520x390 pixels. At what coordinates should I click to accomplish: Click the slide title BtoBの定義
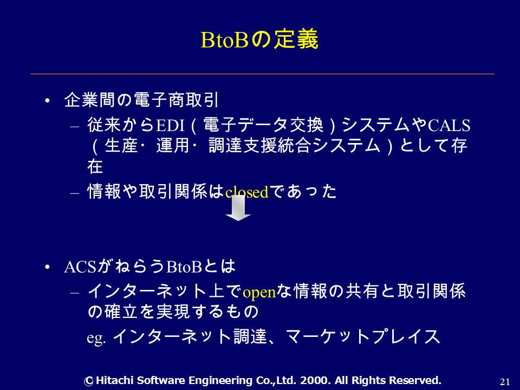pos(259,40)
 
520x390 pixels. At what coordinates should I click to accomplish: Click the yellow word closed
pos(247,192)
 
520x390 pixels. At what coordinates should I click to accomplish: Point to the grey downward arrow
pos(238,208)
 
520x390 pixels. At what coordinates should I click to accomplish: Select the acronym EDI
pos(170,125)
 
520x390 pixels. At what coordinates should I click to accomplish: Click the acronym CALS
pos(449,125)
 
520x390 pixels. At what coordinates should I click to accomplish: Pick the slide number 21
pos(505,382)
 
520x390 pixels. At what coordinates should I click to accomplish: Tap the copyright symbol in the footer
pos(88,381)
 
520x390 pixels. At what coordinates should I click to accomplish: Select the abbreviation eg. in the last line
pos(96,338)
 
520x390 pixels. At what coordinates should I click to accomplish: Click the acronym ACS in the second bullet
pos(80,267)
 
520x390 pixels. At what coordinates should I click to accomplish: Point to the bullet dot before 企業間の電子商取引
pos(47,101)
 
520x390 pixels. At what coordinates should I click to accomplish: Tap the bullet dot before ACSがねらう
pos(47,267)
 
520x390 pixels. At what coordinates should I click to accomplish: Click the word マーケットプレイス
pos(362,336)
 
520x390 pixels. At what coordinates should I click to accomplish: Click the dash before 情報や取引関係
pos(75,193)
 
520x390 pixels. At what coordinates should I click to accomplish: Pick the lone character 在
pos(95,166)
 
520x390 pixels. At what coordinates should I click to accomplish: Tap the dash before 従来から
pos(75,126)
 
